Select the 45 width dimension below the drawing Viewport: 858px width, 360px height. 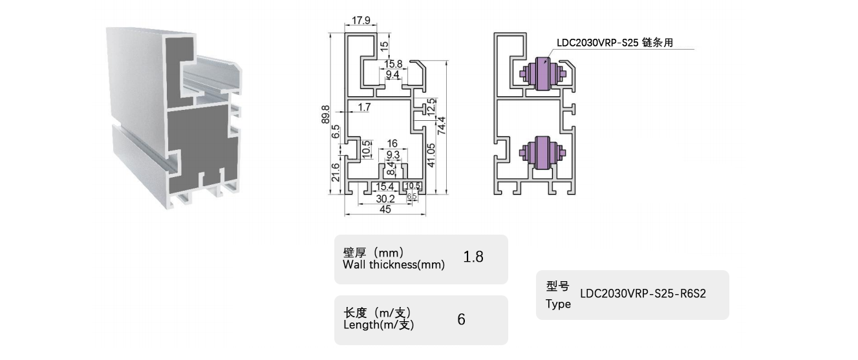point(385,209)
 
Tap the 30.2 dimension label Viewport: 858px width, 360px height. point(385,199)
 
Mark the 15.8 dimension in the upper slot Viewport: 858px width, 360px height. point(394,64)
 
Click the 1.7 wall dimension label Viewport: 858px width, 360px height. point(364,107)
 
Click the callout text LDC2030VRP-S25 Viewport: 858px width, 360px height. point(597,43)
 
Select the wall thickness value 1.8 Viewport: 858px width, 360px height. point(473,257)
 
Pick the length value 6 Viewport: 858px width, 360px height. point(461,319)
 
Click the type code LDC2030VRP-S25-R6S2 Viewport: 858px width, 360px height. point(643,293)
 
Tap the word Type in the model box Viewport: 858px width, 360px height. point(558,304)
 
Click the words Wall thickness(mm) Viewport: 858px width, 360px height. point(394,264)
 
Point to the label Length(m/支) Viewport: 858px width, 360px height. point(378,324)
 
